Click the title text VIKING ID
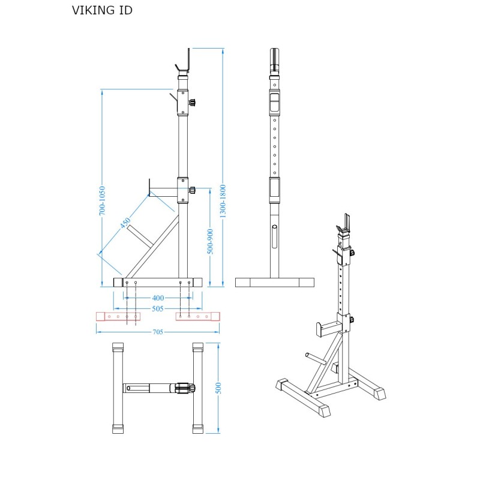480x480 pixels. click(102, 10)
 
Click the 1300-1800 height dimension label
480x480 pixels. click(223, 200)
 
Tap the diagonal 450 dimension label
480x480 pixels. click(125, 223)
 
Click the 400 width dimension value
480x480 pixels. click(158, 298)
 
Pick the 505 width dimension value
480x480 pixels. click(158, 308)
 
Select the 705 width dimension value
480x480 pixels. click(158, 331)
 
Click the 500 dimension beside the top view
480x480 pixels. click(218, 387)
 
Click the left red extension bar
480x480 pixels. click(118, 316)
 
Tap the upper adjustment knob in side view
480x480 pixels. click(193, 103)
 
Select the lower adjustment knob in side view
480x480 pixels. click(192, 190)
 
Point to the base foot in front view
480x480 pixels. click(275, 282)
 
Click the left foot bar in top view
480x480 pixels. click(118, 388)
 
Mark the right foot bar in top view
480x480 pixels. click(198, 388)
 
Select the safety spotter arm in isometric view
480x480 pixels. click(328, 328)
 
